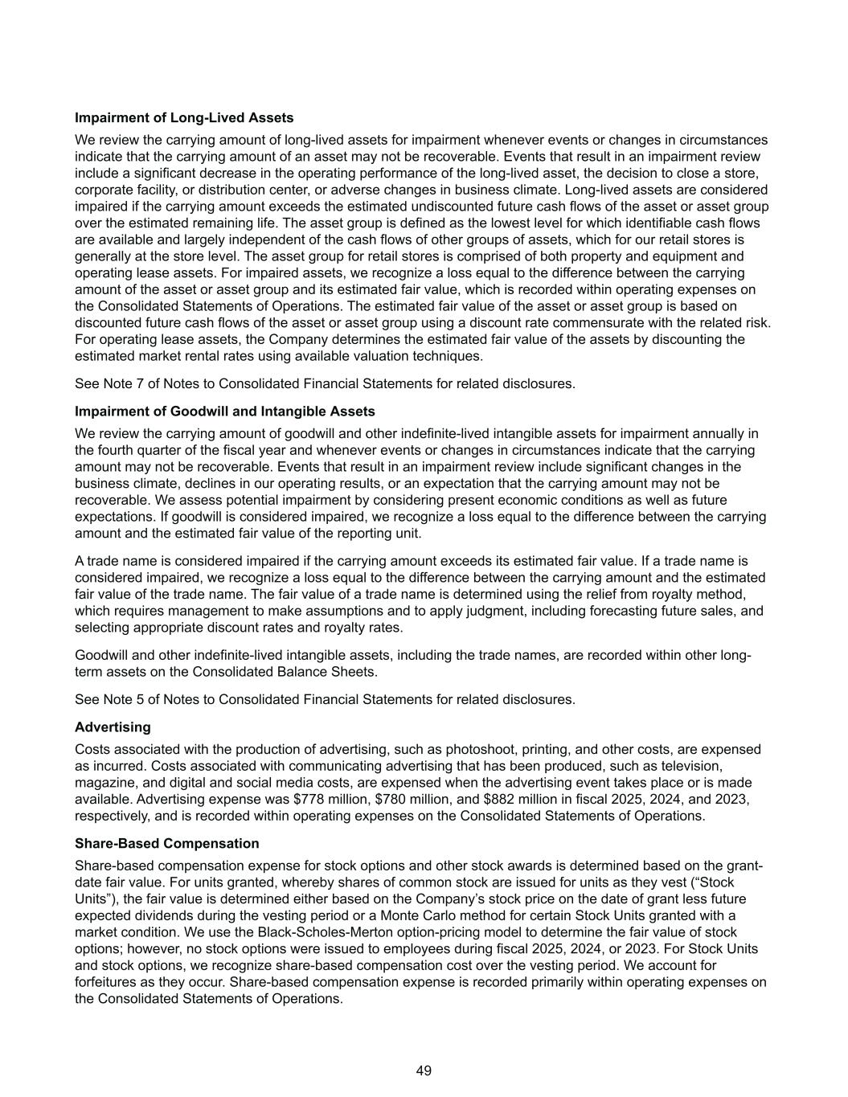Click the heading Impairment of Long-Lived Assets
point(184,118)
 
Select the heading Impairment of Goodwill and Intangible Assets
point(224,411)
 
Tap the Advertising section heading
point(113,727)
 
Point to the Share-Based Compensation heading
point(166,844)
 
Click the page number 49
point(424,1070)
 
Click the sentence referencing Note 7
point(325,383)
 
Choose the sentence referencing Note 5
point(325,699)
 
